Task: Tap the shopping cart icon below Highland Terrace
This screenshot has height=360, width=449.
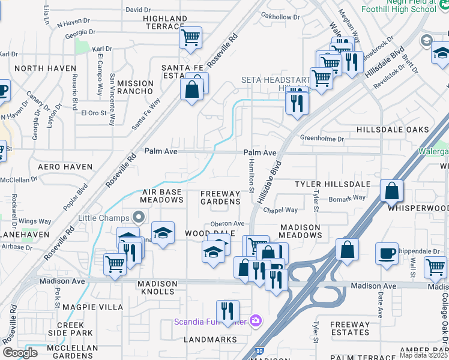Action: click(x=191, y=38)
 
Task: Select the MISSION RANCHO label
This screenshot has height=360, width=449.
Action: click(x=136, y=87)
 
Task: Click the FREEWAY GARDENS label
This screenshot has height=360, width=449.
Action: click(x=220, y=197)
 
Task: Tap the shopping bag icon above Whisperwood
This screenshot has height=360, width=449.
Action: click(x=391, y=191)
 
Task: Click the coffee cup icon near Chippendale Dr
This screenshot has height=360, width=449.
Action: click(x=387, y=253)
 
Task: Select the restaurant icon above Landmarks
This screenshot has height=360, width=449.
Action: click(x=228, y=311)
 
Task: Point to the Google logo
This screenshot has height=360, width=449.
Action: click(x=20, y=352)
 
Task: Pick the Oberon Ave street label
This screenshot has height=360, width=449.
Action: click(x=228, y=223)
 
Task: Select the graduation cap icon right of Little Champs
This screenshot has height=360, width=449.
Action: click(x=162, y=233)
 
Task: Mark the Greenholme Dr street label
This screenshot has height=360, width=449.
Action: click(x=322, y=139)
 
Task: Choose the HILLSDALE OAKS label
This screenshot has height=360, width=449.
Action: click(x=393, y=130)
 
